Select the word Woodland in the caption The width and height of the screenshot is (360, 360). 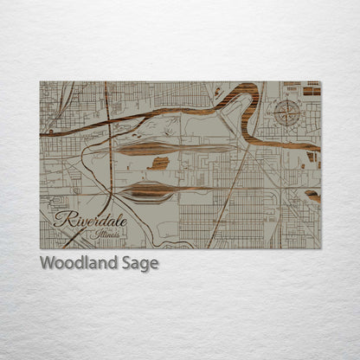[x=76, y=263]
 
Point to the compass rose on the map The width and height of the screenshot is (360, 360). [x=287, y=113]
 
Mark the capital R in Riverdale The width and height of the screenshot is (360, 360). [x=61, y=220]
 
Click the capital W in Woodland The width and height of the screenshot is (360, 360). [x=47, y=263]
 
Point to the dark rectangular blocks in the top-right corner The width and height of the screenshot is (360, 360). [x=309, y=89]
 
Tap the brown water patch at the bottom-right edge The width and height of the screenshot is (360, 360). [x=312, y=196]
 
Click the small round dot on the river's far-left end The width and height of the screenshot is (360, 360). [x=50, y=133]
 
